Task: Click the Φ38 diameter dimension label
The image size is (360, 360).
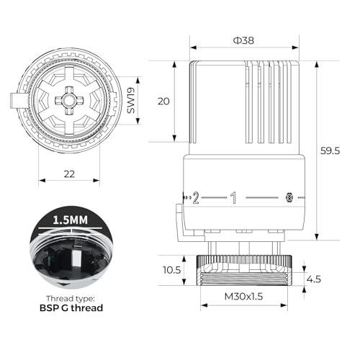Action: tap(243, 40)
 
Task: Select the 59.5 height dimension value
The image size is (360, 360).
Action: tap(330, 150)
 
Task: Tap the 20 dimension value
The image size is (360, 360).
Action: tap(163, 102)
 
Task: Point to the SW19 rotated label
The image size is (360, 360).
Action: tap(131, 100)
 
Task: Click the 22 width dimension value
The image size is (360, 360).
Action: tap(69, 174)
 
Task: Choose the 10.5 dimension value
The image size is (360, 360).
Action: tap(172, 270)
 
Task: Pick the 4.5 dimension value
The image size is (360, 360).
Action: tap(314, 279)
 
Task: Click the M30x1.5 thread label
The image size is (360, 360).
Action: tap(243, 297)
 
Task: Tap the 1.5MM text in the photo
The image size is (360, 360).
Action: tap(70, 220)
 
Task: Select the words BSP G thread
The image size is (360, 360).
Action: tap(71, 307)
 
